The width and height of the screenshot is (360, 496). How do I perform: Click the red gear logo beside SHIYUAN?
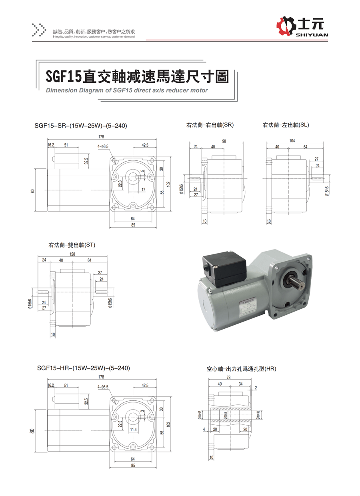[x=287, y=26]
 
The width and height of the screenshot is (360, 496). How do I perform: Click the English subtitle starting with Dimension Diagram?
[x=127, y=90]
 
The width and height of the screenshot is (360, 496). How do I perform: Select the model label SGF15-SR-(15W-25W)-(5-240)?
[x=81, y=126]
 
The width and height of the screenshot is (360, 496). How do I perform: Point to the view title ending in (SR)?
[x=210, y=125]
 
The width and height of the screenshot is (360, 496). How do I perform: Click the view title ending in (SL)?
[x=286, y=125]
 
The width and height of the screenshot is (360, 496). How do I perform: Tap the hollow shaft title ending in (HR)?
[x=242, y=368]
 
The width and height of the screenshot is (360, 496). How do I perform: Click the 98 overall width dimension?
[x=224, y=141]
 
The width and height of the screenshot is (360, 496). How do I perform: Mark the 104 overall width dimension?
[x=292, y=141]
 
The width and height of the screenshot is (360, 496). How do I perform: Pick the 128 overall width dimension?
[x=72, y=254]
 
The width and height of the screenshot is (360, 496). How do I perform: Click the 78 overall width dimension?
[x=228, y=378]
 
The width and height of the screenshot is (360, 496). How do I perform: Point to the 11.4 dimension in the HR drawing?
[x=133, y=430]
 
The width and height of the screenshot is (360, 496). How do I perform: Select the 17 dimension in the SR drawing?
[x=143, y=190]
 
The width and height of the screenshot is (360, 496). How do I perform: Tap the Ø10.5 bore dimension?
[x=226, y=416]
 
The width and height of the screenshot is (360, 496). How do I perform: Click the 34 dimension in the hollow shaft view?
[x=240, y=384]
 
